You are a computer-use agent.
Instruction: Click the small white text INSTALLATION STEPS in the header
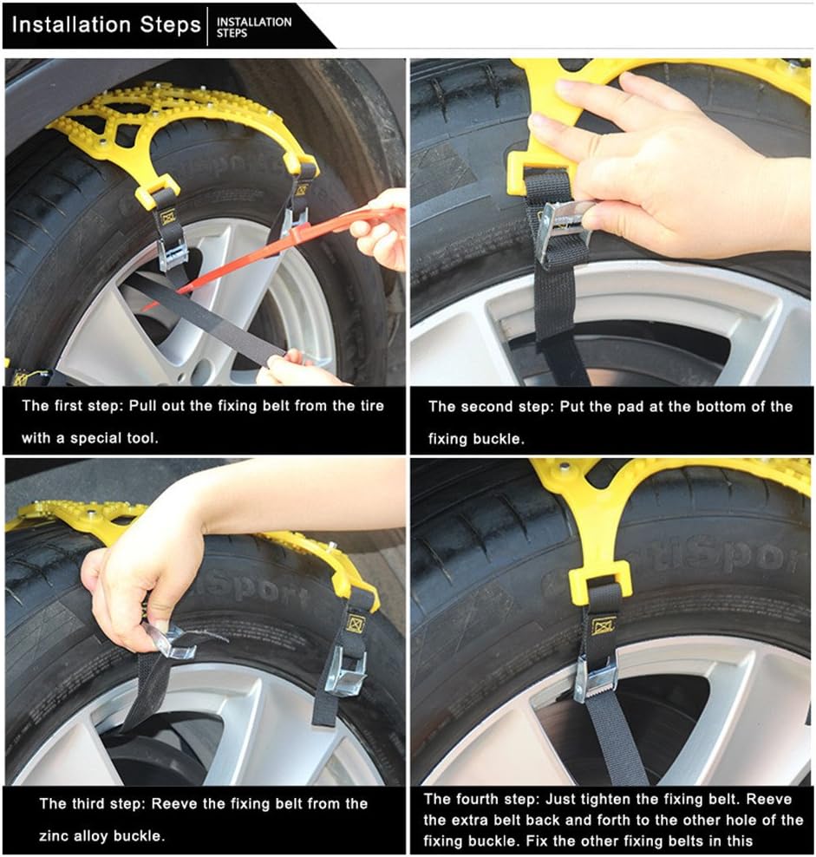253,28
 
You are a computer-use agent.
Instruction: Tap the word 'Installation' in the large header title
71,24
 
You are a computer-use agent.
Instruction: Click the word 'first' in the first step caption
68,406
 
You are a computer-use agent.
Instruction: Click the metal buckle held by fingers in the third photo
173,640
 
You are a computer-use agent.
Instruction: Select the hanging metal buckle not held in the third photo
344,671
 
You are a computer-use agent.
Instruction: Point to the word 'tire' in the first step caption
372,406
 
